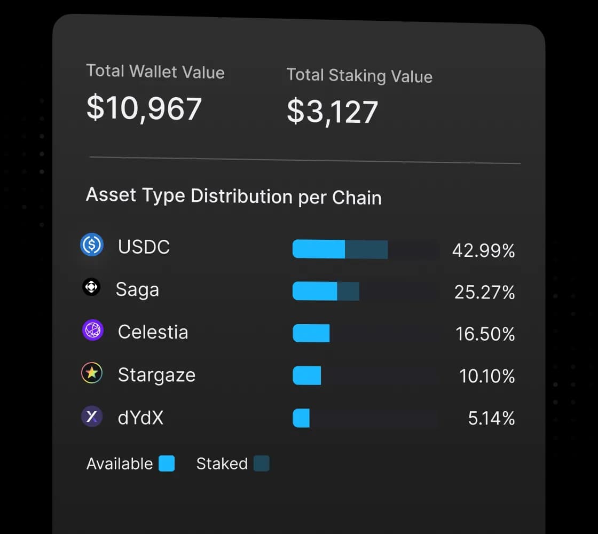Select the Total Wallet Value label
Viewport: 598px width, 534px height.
click(x=155, y=72)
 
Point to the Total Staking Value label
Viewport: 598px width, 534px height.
click(x=359, y=75)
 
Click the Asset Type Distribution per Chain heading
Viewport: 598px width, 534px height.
click(x=234, y=196)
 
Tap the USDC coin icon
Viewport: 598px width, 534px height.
click(x=92, y=245)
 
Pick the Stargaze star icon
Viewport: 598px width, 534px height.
click(x=92, y=373)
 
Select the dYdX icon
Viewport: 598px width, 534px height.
click(x=92, y=416)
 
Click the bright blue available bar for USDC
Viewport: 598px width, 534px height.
click(x=319, y=249)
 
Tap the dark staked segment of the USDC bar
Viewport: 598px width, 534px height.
click(x=366, y=249)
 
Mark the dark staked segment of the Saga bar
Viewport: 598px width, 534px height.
click(x=348, y=291)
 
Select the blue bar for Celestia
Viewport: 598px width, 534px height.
click(x=311, y=333)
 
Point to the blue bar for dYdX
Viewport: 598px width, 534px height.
click(x=301, y=418)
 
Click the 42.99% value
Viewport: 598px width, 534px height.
click(x=483, y=250)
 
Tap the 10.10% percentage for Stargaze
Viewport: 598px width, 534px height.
click(x=487, y=376)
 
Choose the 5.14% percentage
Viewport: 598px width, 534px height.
click(x=491, y=419)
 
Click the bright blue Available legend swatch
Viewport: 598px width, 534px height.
click(x=167, y=464)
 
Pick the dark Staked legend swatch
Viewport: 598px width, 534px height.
click(x=261, y=464)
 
